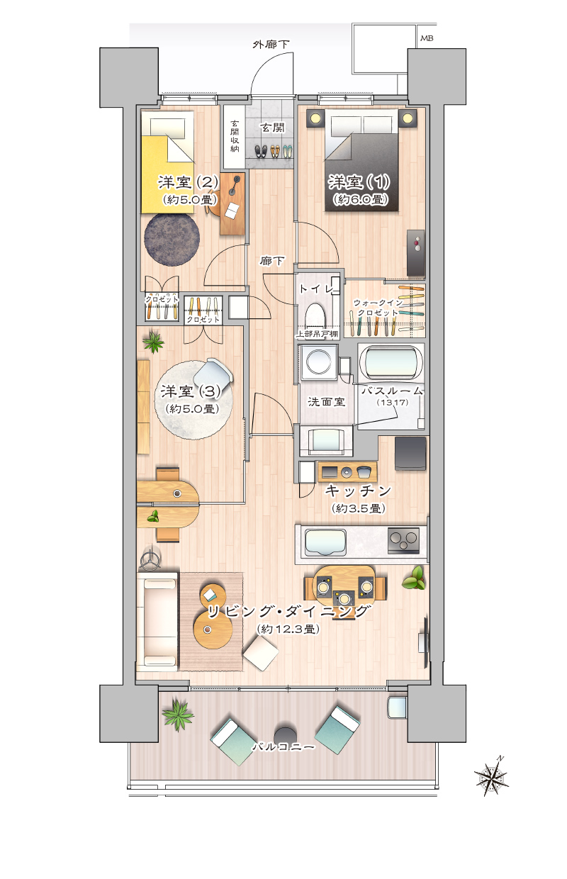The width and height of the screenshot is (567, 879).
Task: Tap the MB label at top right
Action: [427, 38]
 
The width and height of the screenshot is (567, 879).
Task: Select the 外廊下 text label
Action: [271, 45]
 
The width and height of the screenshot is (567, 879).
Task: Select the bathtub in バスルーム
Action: [393, 362]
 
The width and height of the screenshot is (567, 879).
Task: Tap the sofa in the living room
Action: [157, 620]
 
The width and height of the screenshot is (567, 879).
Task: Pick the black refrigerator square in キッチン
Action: [410, 452]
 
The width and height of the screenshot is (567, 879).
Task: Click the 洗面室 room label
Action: [326, 401]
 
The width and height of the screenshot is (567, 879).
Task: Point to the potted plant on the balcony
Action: [177, 713]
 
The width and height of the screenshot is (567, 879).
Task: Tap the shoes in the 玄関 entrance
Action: [273, 151]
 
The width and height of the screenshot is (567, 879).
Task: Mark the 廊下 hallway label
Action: [272, 261]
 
